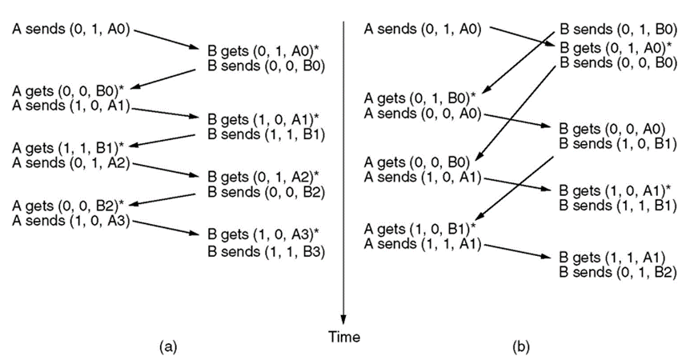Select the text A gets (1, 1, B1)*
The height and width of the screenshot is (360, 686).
[x=69, y=147]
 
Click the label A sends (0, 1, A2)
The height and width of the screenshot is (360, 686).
[x=72, y=166]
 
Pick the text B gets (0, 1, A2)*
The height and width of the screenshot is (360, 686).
[x=263, y=176]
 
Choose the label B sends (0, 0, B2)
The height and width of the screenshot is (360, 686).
[x=266, y=193]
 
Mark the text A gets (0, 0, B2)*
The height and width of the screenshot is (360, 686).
[x=69, y=206]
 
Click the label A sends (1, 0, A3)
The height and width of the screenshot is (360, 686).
[x=72, y=221]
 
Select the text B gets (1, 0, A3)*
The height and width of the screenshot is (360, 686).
[x=263, y=234]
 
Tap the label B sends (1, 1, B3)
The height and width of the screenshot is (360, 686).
[x=266, y=251]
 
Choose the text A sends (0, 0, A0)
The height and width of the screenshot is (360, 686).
[x=423, y=114]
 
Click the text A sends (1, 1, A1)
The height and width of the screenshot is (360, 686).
[x=423, y=244]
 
